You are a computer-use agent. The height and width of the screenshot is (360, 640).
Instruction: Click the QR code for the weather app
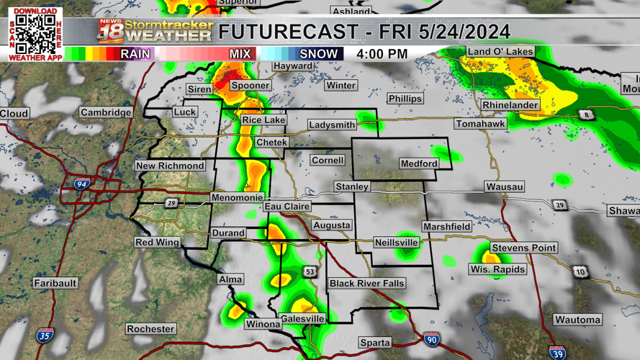click(x=35, y=33)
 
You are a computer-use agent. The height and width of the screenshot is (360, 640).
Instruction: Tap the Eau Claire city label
click(x=287, y=207)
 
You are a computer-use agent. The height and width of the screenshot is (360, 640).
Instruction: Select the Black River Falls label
click(x=366, y=284)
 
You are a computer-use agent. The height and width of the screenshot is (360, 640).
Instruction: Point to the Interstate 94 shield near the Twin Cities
click(x=82, y=184)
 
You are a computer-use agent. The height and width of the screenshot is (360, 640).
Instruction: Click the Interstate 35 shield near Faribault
click(x=45, y=336)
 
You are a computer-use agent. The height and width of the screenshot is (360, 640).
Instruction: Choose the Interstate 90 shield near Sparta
click(x=431, y=339)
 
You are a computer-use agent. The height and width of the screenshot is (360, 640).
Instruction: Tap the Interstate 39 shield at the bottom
click(x=557, y=352)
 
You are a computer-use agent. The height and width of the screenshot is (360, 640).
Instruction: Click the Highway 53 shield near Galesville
click(x=310, y=271)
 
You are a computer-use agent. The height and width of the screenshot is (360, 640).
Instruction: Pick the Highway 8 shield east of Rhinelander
click(x=587, y=115)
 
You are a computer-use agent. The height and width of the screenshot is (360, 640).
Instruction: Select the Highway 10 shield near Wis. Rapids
click(x=581, y=272)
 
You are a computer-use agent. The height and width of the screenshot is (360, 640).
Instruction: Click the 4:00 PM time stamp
click(x=382, y=54)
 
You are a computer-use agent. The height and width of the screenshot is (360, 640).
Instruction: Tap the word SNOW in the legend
click(x=318, y=54)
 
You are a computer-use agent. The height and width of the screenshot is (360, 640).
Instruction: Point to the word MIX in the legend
click(x=240, y=54)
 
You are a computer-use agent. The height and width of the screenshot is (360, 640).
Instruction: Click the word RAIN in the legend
click(x=135, y=54)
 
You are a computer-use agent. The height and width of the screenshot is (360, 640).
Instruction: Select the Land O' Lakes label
click(x=500, y=52)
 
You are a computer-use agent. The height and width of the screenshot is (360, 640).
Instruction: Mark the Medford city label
click(x=419, y=164)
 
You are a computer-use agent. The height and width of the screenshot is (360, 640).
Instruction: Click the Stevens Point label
click(x=523, y=248)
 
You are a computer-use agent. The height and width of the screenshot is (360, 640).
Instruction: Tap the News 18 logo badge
click(x=110, y=32)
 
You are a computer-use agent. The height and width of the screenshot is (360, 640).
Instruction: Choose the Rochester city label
click(x=150, y=329)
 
